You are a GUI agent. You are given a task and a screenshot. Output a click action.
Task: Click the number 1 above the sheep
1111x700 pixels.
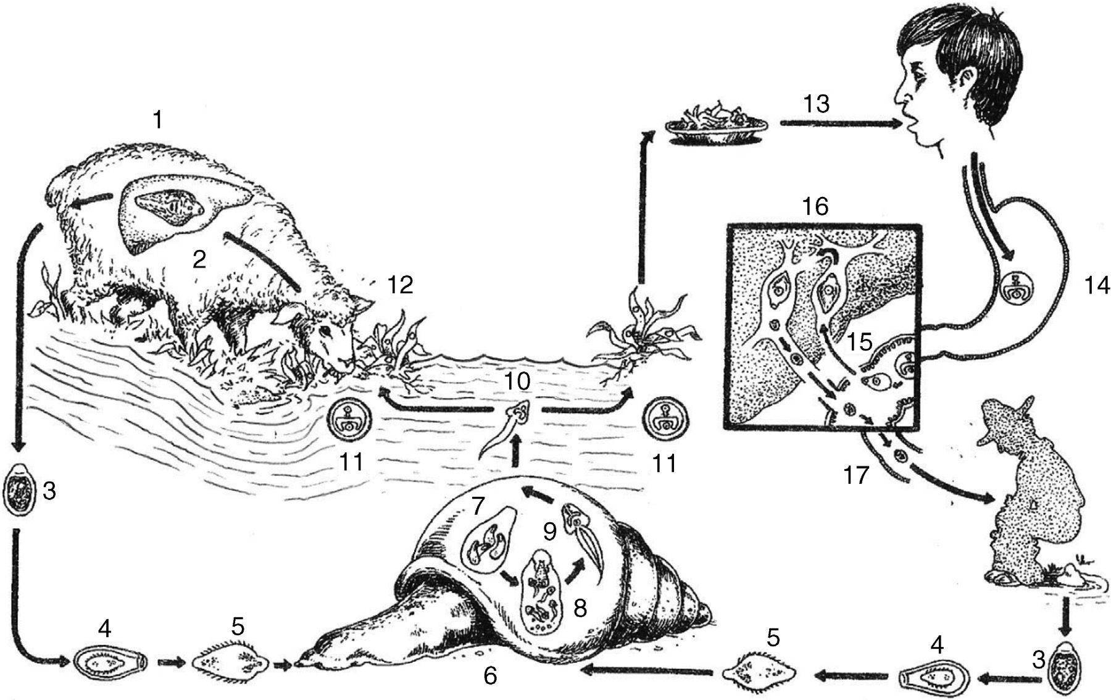coord(159,120)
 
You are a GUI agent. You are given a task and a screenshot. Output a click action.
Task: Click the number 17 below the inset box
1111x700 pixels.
coord(856,476)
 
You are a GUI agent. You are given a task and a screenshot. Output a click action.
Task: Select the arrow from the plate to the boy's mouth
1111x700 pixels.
coord(839,124)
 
